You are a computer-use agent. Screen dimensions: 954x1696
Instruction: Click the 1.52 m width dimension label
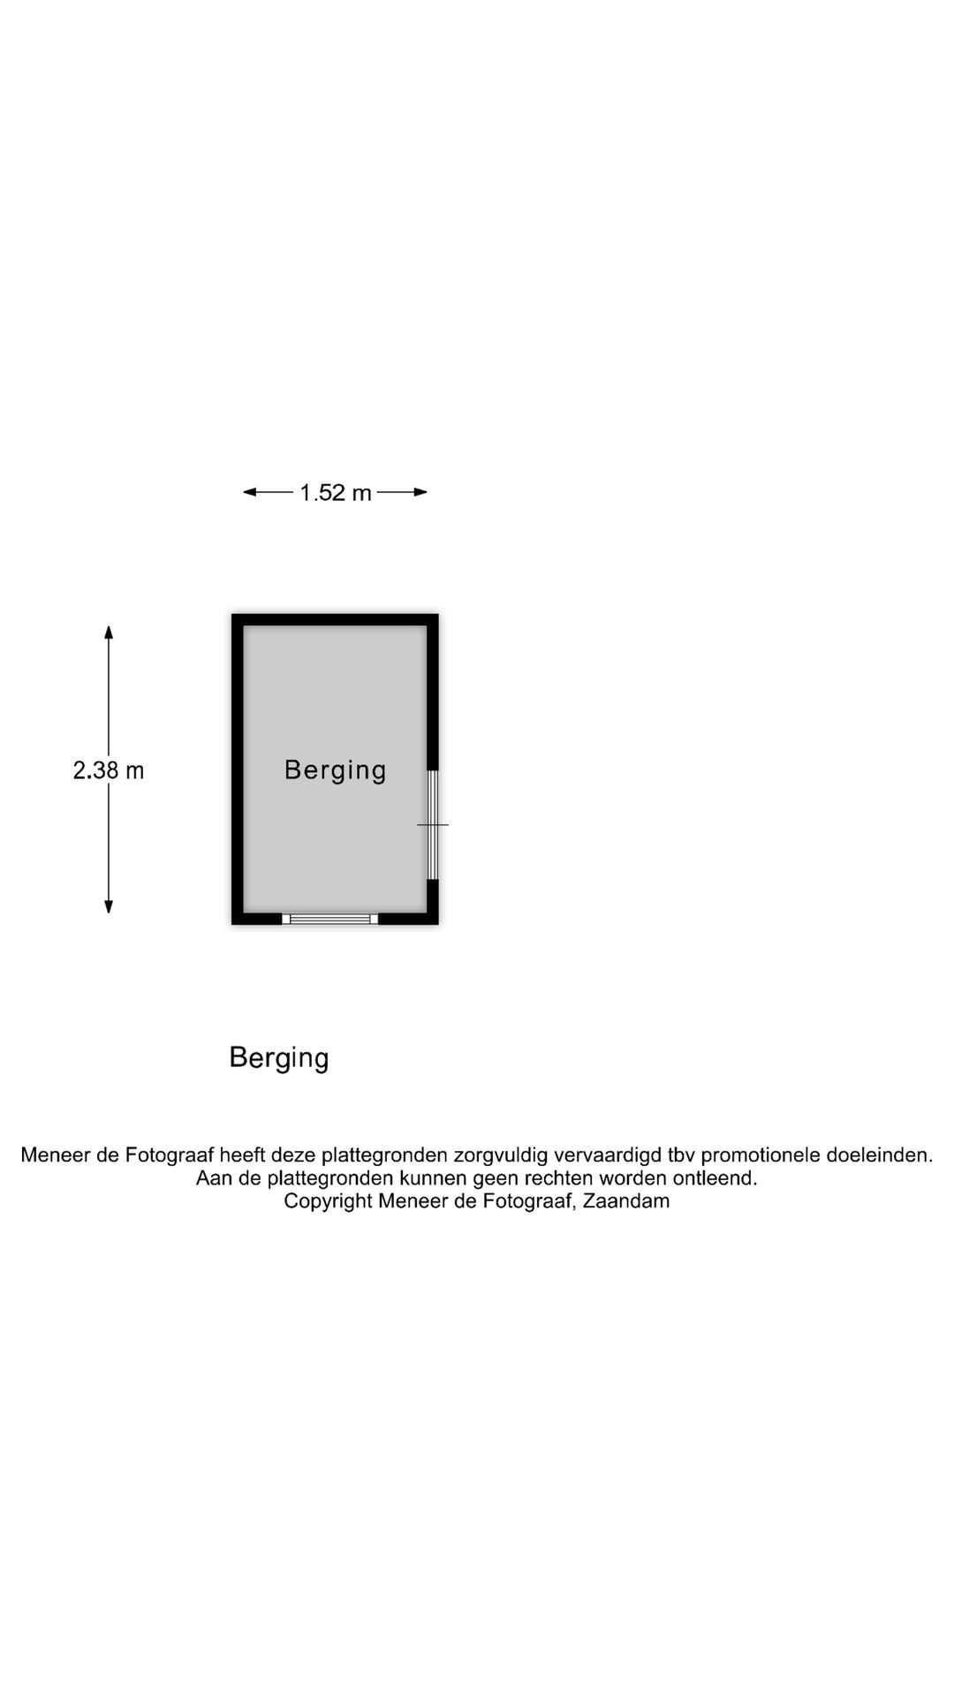pyautogui.click(x=336, y=493)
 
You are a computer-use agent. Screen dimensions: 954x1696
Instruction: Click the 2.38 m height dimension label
pyautogui.click(x=109, y=770)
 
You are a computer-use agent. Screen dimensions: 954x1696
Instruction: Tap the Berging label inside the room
pyautogui.click(x=336, y=770)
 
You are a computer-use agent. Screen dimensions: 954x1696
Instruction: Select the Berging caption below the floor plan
pyautogui.click(x=279, y=1057)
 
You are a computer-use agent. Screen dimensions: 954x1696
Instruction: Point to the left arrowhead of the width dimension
pyautogui.click(x=250, y=492)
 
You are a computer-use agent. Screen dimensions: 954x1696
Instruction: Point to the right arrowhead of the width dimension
pyautogui.click(x=420, y=492)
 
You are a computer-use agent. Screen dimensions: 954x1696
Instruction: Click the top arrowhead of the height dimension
pyautogui.click(x=109, y=632)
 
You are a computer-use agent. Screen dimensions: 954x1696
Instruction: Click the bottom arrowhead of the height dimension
pyautogui.click(x=109, y=905)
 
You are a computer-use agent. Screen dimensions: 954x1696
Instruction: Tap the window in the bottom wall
pyautogui.click(x=330, y=919)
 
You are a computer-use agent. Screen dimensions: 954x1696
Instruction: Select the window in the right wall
pyautogui.click(x=433, y=825)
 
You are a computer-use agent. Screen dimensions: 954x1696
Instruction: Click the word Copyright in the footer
pyautogui.click(x=328, y=1202)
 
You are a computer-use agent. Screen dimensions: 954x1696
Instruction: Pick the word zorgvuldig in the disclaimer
pyautogui.click(x=501, y=1155)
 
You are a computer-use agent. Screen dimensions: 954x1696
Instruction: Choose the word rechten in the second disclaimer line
pyautogui.click(x=559, y=1178)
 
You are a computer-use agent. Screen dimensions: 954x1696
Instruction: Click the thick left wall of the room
pyautogui.click(x=238, y=769)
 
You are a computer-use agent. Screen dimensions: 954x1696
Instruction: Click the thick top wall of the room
pyautogui.click(x=335, y=620)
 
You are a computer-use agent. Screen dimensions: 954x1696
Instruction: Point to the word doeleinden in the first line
pyautogui.click(x=879, y=1155)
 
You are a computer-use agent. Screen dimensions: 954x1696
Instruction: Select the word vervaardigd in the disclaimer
pyautogui.click(x=608, y=1155)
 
